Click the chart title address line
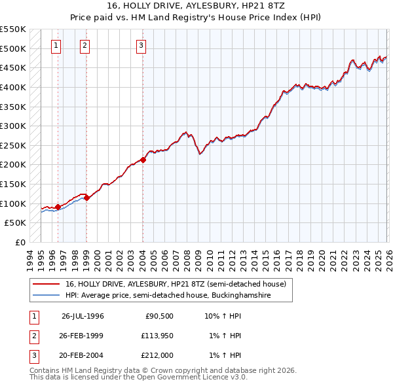pyautogui.click(x=196, y=5)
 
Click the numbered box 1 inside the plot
pyautogui.click(x=56, y=46)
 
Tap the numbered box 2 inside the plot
pyautogui.click(x=86, y=46)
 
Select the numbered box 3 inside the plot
pyautogui.click(x=141, y=46)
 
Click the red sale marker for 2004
pyautogui.click(x=143, y=160)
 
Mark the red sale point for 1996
pyautogui.click(x=58, y=207)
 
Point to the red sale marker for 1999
pyautogui.click(x=86, y=198)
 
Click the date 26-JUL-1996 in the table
pyautogui.click(x=83, y=315)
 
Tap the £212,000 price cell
pyautogui.click(x=157, y=355)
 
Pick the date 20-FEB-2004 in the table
pyautogui.click(x=83, y=355)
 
